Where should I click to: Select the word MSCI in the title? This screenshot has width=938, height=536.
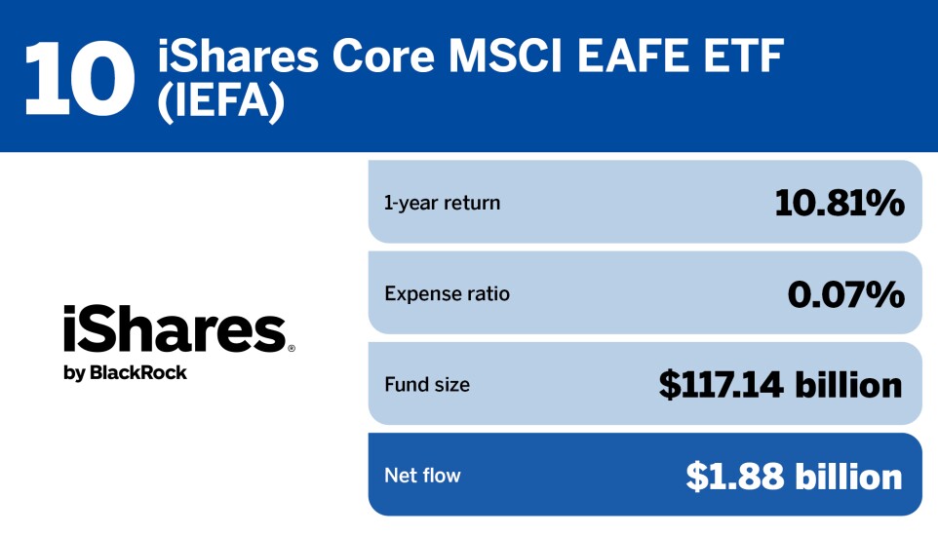[x=511, y=59]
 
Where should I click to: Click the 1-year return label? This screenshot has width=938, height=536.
[x=442, y=203]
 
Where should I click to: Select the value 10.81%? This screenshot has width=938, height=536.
[x=839, y=203]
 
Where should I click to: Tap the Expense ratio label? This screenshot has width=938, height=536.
[x=447, y=293]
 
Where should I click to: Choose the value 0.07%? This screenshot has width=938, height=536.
[x=845, y=293]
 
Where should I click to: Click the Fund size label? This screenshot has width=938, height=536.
[x=427, y=385]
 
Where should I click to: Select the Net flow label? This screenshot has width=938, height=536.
[x=422, y=476]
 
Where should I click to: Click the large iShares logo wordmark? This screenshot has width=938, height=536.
[x=174, y=329]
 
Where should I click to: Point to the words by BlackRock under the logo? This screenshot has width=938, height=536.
[x=125, y=373]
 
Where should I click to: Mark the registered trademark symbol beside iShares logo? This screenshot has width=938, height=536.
[x=291, y=347]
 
